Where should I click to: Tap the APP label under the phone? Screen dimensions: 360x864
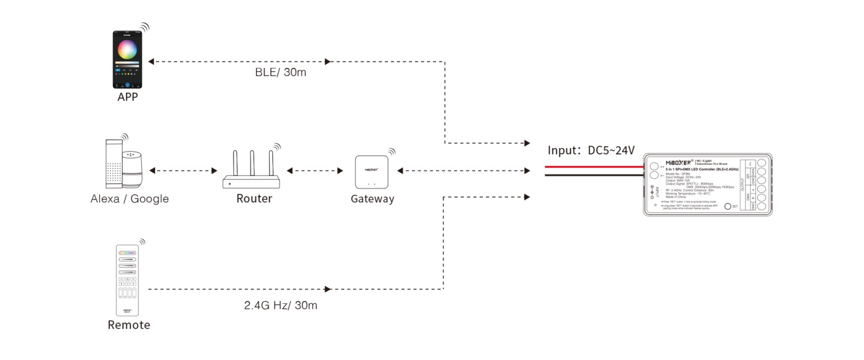(128, 97)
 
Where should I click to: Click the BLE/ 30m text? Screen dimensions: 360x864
(281, 73)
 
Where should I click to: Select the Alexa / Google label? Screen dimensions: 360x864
(129, 199)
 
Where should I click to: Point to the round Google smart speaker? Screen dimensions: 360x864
(133, 169)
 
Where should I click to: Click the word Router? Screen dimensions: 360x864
(254, 199)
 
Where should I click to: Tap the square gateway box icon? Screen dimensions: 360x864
(372, 172)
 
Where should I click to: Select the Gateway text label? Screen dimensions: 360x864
(372, 199)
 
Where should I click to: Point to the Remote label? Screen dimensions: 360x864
(129, 325)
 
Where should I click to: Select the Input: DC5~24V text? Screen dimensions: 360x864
(591, 150)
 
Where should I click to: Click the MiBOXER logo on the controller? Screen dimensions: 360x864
(682, 163)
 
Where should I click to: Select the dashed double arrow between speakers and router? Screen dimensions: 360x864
(183, 170)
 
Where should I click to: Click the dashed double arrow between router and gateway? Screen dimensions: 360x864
(314, 170)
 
